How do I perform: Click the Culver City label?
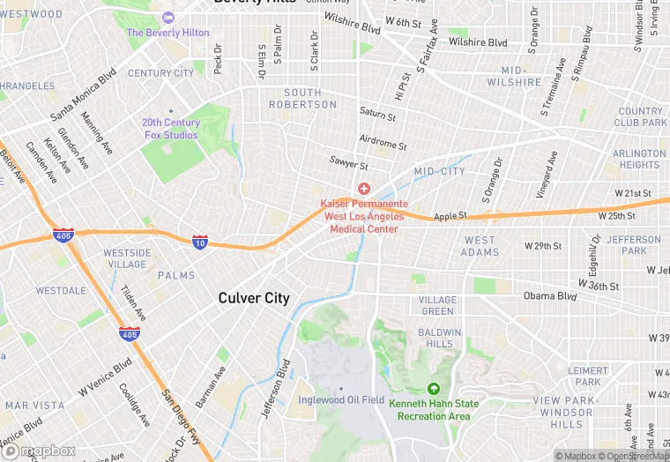(x=254, y=298)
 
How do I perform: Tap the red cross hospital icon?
(x=363, y=189)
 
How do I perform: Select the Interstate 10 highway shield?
(x=200, y=241)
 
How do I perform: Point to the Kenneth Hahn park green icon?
(x=433, y=389)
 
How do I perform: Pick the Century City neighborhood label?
(x=160, y=73)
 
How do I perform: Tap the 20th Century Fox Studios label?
(x=171, y=129)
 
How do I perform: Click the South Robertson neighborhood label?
(x=309, y=98)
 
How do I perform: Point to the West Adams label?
(x=480, y=246)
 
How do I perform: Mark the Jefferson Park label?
(x=633, y=245)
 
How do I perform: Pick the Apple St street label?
(x=449, y=214)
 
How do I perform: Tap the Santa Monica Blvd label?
(x=83, y=96)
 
